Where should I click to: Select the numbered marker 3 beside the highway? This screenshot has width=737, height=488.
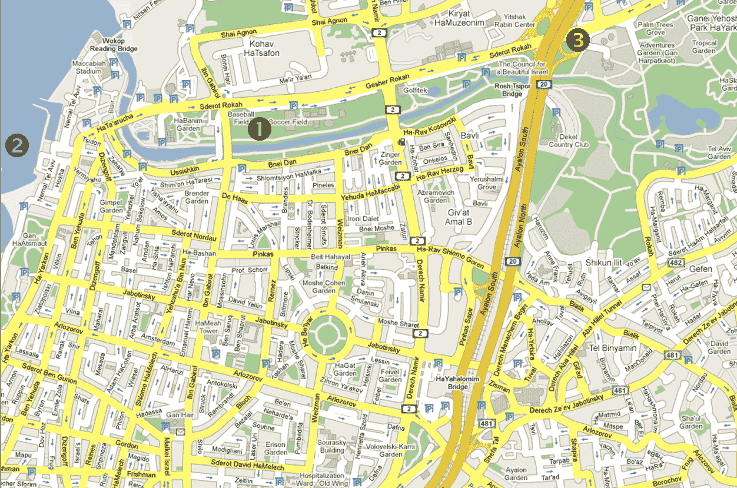point(576,40)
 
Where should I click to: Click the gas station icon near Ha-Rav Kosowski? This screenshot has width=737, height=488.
point(401,141)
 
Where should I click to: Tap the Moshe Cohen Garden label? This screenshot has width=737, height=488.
point(324,287)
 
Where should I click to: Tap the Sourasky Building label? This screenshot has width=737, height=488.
point(331,446)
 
